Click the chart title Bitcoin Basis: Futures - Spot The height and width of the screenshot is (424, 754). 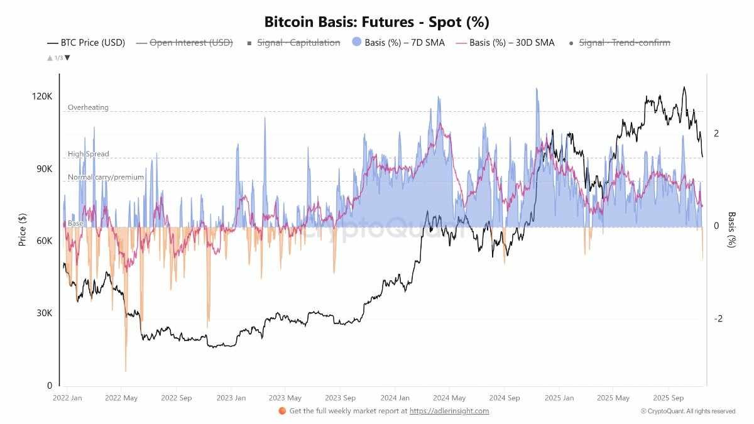point(376,22)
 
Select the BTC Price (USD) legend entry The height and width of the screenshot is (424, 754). point(86,43)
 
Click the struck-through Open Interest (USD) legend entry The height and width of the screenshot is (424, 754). point(183,43)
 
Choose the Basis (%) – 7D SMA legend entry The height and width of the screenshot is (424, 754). point(398,43)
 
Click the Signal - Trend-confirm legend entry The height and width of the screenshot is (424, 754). point(619,43)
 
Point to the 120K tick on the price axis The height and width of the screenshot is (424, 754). point(43,97)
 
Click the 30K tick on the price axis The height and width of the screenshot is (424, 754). point(45,313)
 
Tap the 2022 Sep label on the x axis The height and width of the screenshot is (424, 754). point(176,398)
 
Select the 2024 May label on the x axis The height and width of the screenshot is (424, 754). point(450,398)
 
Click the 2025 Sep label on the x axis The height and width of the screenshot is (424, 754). point(668,398)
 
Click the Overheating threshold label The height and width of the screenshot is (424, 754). point(88,107)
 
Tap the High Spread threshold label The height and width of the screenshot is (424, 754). point(88,154)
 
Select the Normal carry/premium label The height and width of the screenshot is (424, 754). point(106,177)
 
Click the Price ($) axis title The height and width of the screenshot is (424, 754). point(23,229)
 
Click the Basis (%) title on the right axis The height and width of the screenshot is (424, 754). point(731,229)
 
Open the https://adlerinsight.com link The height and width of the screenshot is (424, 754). point(449,411)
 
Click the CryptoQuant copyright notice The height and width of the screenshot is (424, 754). point(688,411)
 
